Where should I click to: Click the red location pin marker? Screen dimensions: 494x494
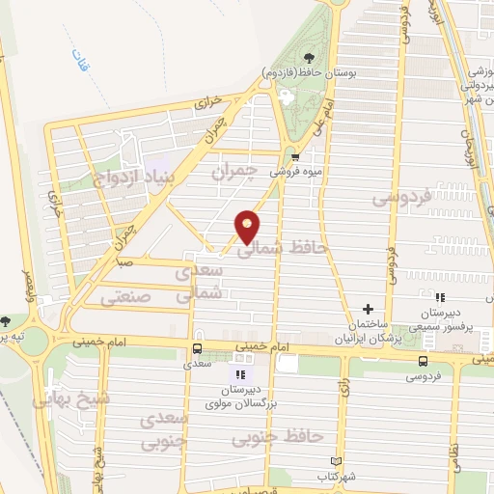(x=248, y=226)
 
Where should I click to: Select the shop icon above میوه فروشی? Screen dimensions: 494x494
(x=296, y=155)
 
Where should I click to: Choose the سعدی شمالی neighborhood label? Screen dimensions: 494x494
(x=200, y=282)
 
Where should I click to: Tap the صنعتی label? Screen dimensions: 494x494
(x=133, y=299)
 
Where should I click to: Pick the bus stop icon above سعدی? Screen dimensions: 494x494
(x=197, y=349)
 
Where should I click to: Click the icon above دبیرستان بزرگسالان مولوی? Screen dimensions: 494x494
(x=241, y=371)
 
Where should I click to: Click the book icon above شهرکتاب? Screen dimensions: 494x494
(x=336, y=461)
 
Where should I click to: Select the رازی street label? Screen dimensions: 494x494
(x=343, y=391)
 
